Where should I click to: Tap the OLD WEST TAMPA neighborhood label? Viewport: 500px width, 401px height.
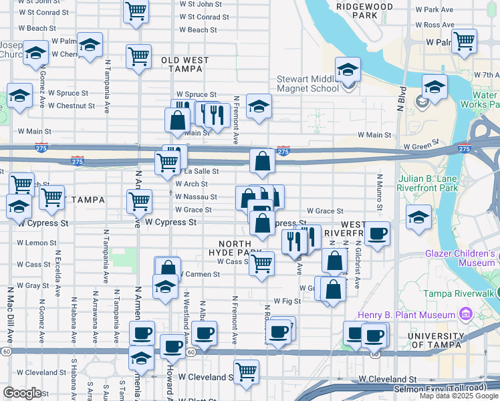tap(185, 65)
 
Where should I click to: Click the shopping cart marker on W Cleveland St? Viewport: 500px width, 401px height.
tap(247, 371)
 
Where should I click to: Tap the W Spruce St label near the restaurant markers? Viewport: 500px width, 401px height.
tap(197, 95)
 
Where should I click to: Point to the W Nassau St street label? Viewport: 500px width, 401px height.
tap(195, 197)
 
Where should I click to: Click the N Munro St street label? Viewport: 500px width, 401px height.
tap(379, 192)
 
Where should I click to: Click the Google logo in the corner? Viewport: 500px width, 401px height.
tap(22, 393)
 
